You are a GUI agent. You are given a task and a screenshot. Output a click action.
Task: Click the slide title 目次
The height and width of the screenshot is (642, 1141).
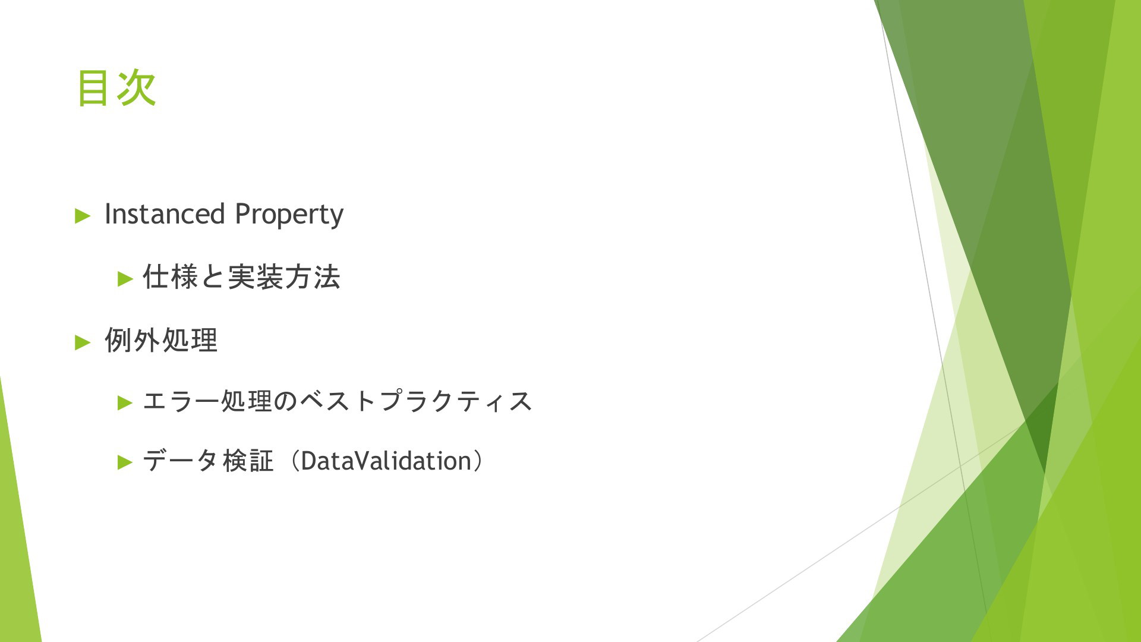click(x=116, y=88)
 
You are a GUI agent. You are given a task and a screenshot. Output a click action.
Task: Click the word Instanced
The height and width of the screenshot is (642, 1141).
click(x=165, y=214)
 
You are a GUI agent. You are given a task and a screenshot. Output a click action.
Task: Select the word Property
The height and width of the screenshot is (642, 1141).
click(x=289, y=216)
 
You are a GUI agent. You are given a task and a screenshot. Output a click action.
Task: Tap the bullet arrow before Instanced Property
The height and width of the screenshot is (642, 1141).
click(x=83, y=216)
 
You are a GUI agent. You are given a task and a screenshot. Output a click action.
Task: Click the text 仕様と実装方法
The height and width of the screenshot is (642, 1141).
click(x=241, y=277)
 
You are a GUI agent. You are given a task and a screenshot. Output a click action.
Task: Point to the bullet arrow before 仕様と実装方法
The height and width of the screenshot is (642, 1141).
click(x=125, y=278)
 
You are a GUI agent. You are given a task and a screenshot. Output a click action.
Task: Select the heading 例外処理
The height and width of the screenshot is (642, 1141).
click(x=161, y=341)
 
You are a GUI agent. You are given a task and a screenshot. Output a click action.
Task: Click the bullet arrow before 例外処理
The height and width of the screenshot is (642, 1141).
click(x=83, y=342)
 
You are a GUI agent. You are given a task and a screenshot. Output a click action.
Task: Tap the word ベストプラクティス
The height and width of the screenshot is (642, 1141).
click(x=415, y=401)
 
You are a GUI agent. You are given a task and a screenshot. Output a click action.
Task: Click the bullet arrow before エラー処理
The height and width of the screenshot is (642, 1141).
click(x=125, y=403)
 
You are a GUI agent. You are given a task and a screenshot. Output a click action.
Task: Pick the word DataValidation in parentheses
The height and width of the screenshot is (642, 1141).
click(x=386, y=461)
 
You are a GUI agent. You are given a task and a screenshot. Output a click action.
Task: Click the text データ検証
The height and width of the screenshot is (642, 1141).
click(x=209, y=461)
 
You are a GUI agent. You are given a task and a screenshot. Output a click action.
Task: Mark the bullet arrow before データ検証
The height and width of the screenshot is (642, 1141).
click(x=125, y=462)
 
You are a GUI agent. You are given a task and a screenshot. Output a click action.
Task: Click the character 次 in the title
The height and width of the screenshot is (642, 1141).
click(x=137, y=88)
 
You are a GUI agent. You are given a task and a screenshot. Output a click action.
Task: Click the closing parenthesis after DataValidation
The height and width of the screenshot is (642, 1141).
click(x=478, y=461)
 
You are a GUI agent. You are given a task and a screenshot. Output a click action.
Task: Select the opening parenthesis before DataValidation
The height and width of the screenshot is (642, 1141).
click(x=295, y=461)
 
